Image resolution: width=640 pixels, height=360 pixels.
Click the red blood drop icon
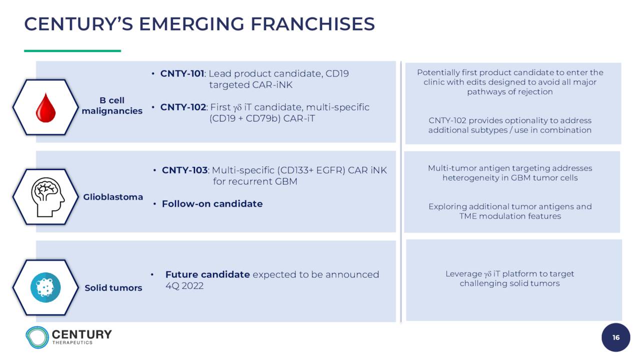(45, 107)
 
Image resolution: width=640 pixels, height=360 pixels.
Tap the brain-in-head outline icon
(47, 197)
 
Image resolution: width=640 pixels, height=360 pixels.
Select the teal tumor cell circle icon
(45, 287)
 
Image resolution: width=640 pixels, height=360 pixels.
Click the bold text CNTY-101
(182, 73)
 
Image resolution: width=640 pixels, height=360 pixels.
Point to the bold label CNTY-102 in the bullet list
(183, 107)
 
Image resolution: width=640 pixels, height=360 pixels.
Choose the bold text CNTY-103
(184, 170)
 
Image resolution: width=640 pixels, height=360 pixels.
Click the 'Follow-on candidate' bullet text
(212, 204)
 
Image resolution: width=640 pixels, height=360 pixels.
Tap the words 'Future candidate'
(207, 274)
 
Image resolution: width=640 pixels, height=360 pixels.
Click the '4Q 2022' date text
(184, 286)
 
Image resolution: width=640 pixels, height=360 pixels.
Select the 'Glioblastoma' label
(113, 197)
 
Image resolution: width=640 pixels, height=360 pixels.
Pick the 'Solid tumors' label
(113, 287)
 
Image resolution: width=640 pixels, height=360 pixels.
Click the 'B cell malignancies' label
(112, 105)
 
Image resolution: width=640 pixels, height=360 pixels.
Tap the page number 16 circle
(615, 337)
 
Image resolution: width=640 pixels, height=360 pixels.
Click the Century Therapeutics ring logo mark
(37, 337)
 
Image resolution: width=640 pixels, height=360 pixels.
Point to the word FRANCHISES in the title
(312, 24)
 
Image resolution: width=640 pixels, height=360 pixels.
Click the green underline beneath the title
(72, 51)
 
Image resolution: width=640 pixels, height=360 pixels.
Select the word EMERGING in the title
(191, 24)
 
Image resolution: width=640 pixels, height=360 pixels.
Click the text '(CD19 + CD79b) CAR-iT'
(262, 118)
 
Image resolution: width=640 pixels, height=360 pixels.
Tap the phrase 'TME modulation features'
(510, 216)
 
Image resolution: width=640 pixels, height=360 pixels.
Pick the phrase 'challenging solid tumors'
(509, 283)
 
